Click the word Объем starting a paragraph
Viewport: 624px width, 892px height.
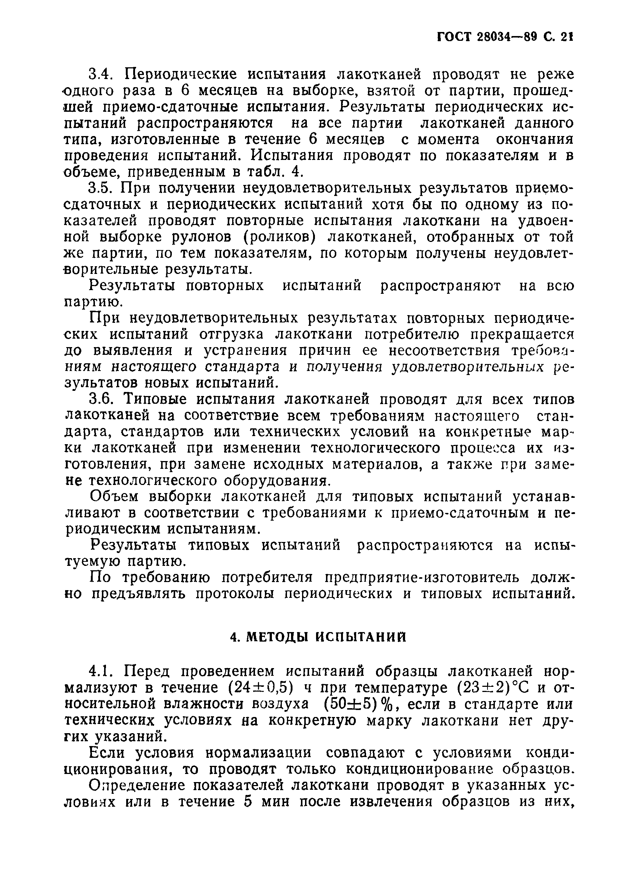pyautogui.click(x=113, y=497)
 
